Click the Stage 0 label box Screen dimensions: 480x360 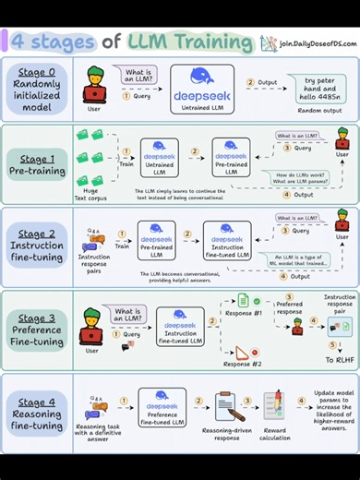(37, 90)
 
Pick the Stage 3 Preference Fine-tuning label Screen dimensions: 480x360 (37, 330)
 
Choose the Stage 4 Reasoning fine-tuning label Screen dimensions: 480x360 (37, 414)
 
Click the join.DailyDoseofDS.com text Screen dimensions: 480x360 (312, 42)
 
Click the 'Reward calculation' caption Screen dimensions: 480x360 (275, 438)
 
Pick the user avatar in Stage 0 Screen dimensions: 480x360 (94, 88)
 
